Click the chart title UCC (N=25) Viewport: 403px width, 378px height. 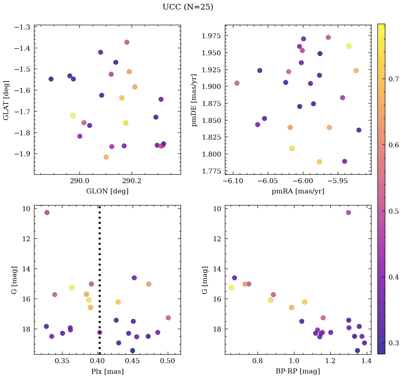pos(188,7)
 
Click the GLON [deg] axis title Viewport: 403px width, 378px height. pos(107,191)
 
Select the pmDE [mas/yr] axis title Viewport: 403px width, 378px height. pos(194,100)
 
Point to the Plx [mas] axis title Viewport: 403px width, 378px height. pos(107,371)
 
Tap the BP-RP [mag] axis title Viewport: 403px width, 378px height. pos(298,371)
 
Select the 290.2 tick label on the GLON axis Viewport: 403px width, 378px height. pos(132,181)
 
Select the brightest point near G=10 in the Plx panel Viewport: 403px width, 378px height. pos(47,213)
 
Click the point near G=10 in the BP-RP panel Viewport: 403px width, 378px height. pos(348,213)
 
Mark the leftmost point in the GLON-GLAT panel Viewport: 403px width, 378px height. pos(51,79)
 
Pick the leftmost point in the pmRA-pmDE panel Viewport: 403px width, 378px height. pos(237,83)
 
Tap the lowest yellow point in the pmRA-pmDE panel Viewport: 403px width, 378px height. pos(319,162)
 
